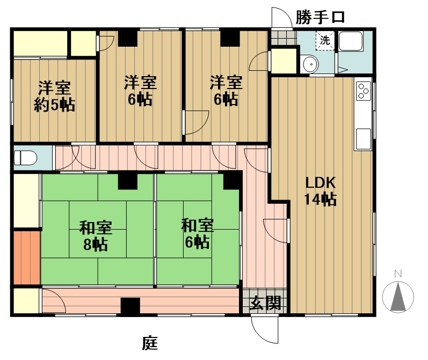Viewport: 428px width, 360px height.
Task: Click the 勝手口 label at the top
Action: [x=320, y=17]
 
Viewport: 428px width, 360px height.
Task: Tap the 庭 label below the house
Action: [x=150, y=343]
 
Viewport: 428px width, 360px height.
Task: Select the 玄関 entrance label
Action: [x=266, y=303]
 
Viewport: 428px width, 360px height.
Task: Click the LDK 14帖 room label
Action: [x=320, y=191]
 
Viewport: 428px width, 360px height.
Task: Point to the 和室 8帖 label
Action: [x=96, y=236]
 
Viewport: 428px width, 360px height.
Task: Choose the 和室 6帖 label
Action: [x=198, y=233]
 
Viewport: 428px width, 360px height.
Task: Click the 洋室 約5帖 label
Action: [x=54, y=96]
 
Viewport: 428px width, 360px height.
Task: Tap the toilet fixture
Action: [x=25, y=158]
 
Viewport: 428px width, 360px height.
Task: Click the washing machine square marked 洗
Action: [x=325, y=41]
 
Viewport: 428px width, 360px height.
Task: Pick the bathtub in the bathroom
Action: [x=351, y=41]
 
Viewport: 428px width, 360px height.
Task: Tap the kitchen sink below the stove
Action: [x=364, y=138]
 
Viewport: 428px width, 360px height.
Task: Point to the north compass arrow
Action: [x=398, y=297]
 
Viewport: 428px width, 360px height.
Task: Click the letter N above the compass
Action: [x=398, y=274]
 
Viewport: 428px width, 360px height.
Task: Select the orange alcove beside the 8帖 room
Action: [x=27, y=258]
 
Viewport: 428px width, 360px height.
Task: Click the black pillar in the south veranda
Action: [x=130, y=306]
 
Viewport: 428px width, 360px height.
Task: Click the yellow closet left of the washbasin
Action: [x=284, y=61]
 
